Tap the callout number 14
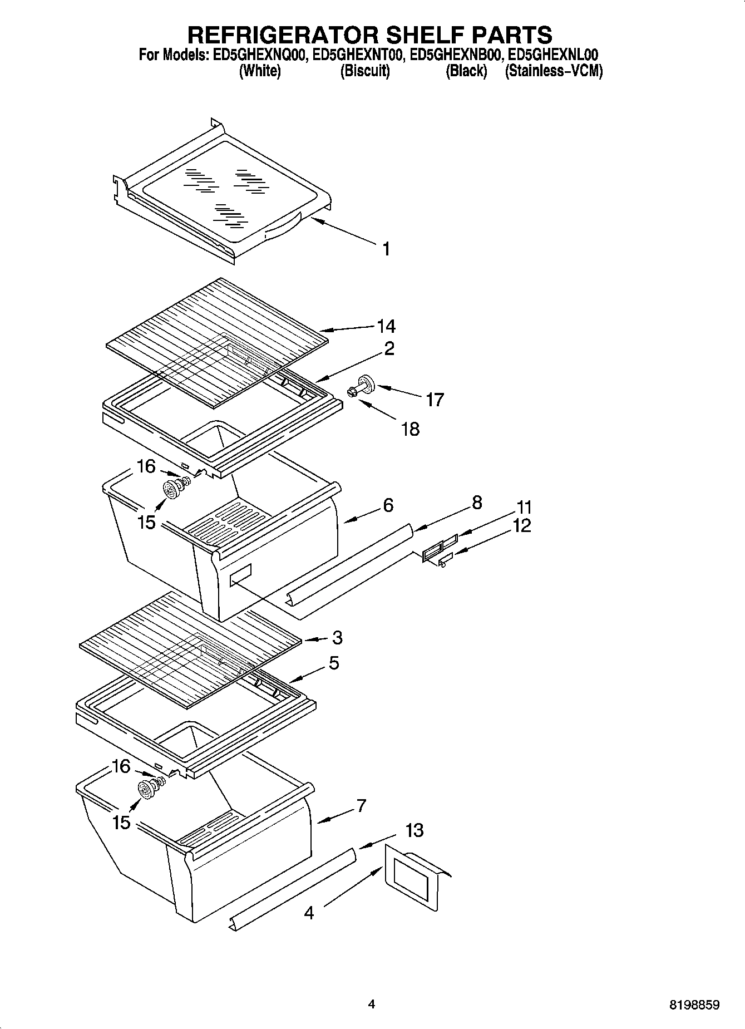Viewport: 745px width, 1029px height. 386,326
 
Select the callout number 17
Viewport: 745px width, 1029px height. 435,400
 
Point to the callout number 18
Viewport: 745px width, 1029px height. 410,429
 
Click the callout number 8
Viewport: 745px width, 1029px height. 477,503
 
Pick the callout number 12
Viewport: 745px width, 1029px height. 522,525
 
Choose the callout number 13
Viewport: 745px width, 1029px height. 415,831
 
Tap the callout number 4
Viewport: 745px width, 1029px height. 309,913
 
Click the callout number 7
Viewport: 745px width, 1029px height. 361,805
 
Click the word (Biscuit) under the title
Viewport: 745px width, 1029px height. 364,71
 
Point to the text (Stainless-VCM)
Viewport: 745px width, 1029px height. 553,71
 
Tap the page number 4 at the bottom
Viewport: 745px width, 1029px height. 372,1005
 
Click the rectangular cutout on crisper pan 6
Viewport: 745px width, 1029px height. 240,574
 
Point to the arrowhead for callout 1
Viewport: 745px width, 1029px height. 313,220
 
